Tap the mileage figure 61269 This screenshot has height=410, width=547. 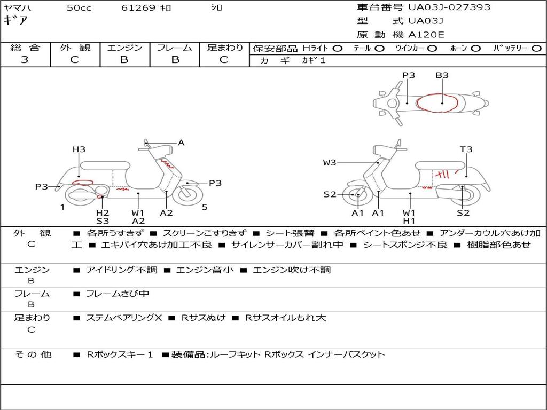138,7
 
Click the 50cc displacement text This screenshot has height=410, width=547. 79,7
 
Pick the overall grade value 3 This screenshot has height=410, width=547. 25,59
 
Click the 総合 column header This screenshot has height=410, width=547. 25,48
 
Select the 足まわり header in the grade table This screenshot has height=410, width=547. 224,48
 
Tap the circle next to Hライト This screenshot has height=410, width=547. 338,49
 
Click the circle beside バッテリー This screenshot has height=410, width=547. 536,49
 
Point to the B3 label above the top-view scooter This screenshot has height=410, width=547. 442,75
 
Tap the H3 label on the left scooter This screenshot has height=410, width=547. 79,149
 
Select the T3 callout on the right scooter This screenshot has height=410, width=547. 466,149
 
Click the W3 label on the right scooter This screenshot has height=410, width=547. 329,162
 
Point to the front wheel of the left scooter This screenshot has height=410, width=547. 187,194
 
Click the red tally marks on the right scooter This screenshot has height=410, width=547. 446,174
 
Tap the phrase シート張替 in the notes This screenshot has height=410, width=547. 290,233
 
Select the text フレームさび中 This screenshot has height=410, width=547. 117,294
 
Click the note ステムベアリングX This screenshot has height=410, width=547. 124,318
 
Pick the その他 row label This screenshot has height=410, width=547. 33,354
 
